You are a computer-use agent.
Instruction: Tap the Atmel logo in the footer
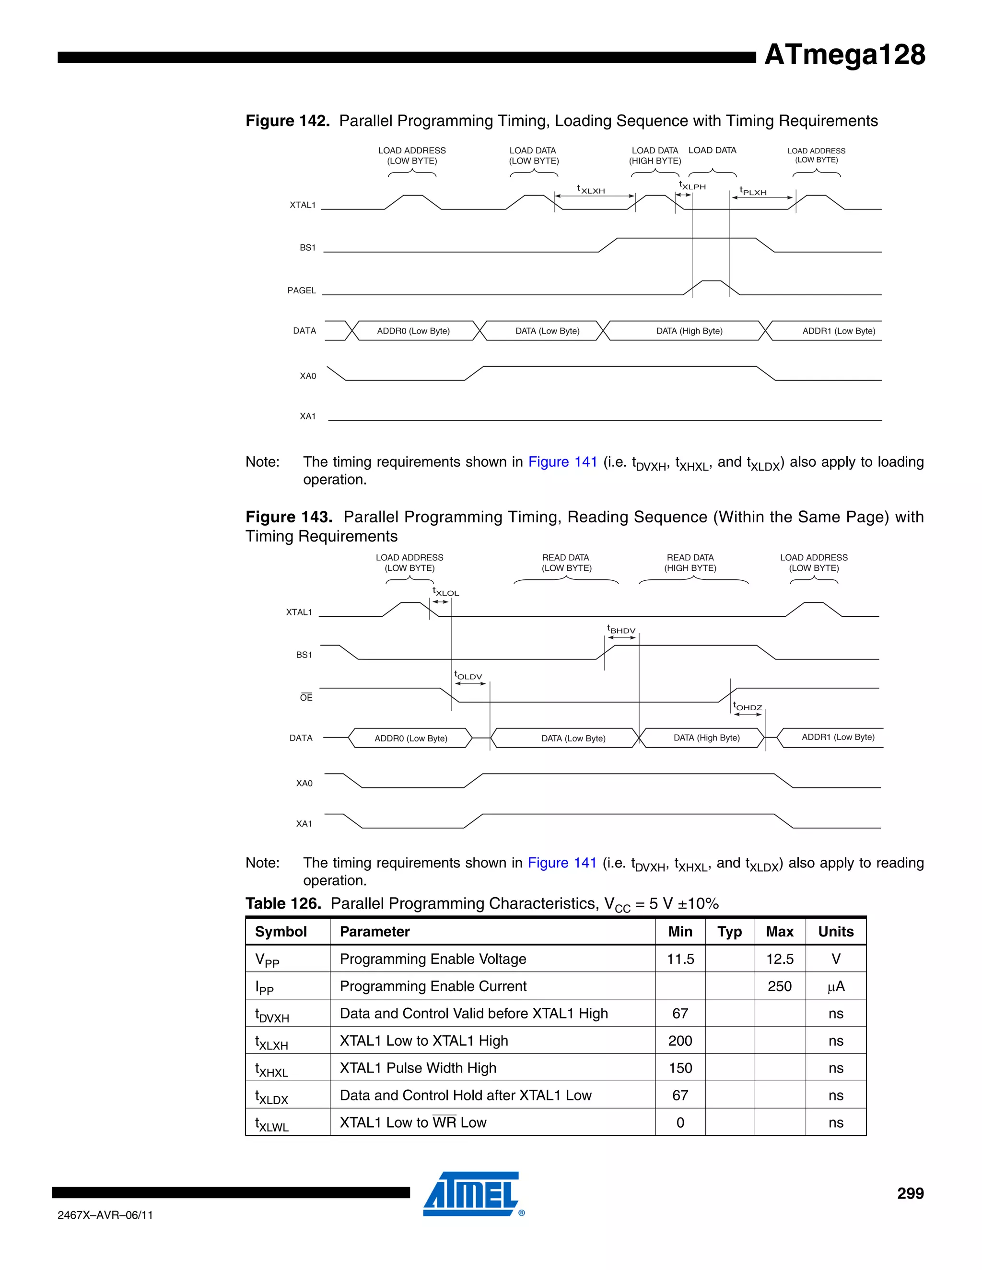point(472,1194)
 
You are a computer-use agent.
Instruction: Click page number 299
point(910,1193)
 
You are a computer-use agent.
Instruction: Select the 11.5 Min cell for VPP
point(680,959)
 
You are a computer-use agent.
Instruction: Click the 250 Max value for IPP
point(779,986)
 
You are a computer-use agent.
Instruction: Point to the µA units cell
point(835,986)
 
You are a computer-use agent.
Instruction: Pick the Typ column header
point(729,932)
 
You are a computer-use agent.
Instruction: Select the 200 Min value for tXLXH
point(680,1041)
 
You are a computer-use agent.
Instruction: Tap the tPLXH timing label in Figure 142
point(753,191)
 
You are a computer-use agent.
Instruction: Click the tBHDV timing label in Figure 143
point(621,630)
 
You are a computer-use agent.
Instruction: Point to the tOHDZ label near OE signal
point(747,706)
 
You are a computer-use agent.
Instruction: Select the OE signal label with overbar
point(306,697)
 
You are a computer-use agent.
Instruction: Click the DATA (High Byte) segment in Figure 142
point(689,331)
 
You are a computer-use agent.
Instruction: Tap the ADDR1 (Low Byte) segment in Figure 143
point(838,738)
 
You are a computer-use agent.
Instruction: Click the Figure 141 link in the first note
point(562,462)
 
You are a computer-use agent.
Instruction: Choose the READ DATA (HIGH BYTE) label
point(690,562)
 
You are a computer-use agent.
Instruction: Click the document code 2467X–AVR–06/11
point(105,1215)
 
